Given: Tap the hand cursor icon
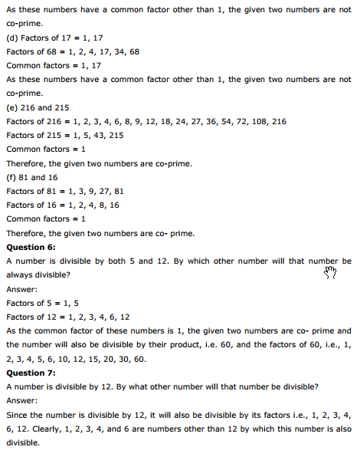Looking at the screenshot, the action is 330,272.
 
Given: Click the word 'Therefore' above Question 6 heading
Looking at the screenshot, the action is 28,233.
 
